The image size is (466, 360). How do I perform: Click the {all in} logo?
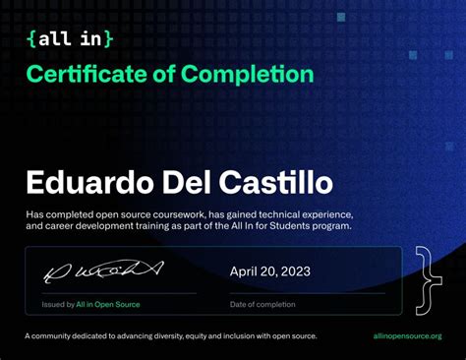71,39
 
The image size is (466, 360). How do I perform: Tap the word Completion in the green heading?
251,74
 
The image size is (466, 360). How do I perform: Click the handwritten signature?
101,269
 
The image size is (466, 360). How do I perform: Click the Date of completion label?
263,304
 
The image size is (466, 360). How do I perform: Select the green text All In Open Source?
108,304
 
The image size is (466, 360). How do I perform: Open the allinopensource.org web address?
408,336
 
